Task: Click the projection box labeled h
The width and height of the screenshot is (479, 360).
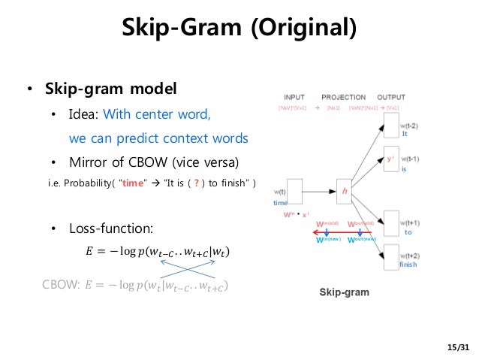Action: pyautogui.click(x=345, y=191)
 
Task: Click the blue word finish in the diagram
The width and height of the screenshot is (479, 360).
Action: pyautogui.click(x=408, y=265)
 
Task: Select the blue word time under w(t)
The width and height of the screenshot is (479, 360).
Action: pyautogui.click(x=280, y=204)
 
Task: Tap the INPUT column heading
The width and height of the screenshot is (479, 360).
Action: pyautogui.click(x=294, y=98)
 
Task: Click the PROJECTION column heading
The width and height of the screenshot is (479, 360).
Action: pyautogui.click(x=343, y=98)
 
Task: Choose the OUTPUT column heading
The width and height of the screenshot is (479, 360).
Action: pyautogui.click(x=390, y=98)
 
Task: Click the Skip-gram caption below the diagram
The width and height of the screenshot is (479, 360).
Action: pyautogui.click(x=344, y=290)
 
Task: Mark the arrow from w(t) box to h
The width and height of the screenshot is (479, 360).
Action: pyautogui.click(x=318, y=191)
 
